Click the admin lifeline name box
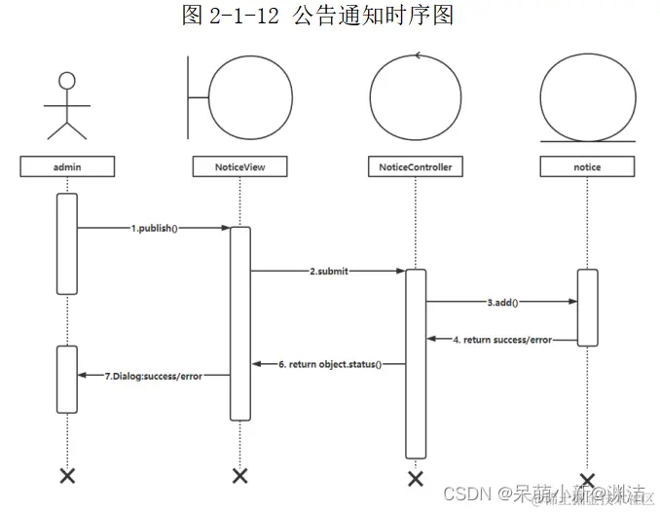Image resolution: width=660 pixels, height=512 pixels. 67,166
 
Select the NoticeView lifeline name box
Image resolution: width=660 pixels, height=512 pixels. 240,166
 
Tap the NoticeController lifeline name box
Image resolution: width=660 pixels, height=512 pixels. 415,166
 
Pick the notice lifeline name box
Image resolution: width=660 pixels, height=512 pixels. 587,166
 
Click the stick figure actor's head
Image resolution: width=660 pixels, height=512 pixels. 67,81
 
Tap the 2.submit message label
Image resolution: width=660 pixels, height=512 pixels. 328,272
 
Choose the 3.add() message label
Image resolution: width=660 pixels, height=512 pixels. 502,302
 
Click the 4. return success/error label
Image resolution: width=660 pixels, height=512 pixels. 501,340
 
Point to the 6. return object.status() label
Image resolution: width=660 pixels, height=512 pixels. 329,364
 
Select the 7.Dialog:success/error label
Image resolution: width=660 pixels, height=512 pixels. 153,376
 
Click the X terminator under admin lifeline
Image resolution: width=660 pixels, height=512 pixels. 67,475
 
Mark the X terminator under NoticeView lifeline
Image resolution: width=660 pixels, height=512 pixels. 240,475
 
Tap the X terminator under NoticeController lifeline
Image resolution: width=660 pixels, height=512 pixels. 416,478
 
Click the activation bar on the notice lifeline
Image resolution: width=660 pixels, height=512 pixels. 587,307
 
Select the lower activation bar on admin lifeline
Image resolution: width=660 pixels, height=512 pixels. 67,378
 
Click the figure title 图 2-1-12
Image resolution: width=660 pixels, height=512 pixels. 317,16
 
